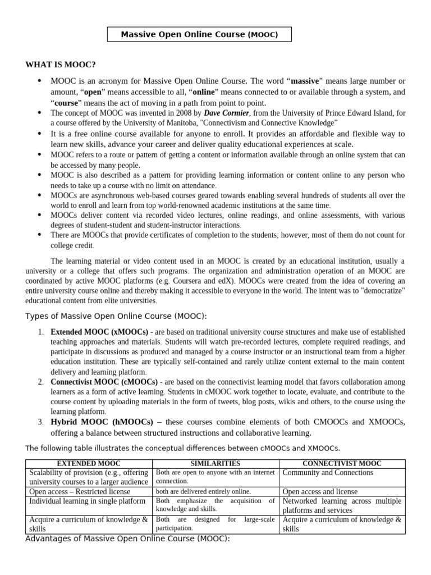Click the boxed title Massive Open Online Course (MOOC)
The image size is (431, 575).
[x=199, y=35]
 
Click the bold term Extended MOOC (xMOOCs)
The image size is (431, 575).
[x=99, y=332]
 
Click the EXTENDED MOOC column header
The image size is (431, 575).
[x=89, y=464]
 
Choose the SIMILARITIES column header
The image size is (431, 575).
[x=215, y=464]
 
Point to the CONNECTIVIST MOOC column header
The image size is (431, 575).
[x=342, y=464]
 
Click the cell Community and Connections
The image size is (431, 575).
[x=328, y=473]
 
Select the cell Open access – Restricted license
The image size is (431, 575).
[x=80, y=491]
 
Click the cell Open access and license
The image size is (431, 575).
[x=320, y=491]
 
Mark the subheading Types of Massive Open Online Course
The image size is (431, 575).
[x=116, y=317]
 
